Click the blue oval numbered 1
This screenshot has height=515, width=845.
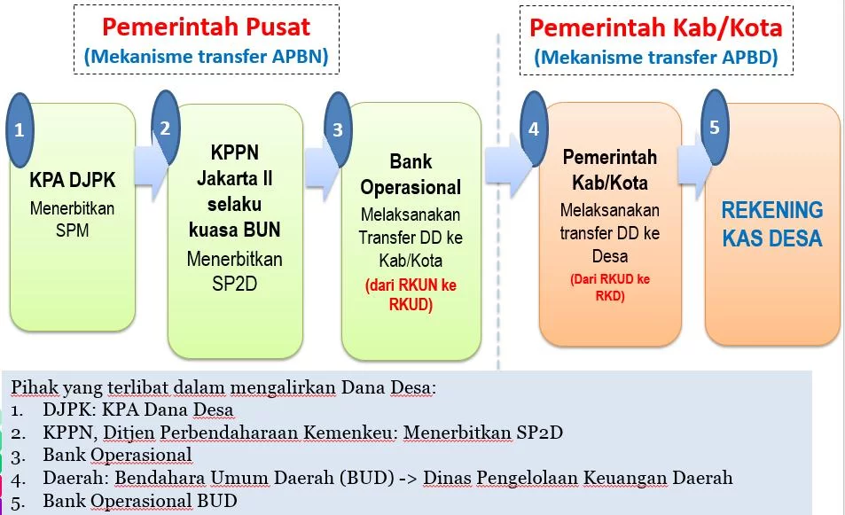(20, 129)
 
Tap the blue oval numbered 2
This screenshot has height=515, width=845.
(166, 127)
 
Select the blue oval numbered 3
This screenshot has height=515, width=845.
(338, 129)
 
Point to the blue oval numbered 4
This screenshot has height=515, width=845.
(534, 129)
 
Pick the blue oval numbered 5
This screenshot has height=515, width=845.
(715, 127)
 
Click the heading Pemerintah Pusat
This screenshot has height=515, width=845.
(207, 27)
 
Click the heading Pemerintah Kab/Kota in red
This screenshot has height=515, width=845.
(656, 28)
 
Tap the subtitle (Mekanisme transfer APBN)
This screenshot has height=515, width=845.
(207, 57)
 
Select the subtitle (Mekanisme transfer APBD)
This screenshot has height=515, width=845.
(656, 57)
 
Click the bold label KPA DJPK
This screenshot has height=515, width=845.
(72, 180)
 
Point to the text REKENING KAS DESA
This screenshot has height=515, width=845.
(772, 224)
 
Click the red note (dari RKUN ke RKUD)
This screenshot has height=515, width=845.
(411, 294)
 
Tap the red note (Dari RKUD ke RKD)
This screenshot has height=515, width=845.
(610, 287)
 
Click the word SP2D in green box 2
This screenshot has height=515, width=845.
(234, 284)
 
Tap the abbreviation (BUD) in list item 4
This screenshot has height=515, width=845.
(367, 478)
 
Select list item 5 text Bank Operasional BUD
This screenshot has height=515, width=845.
(140, 501)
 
